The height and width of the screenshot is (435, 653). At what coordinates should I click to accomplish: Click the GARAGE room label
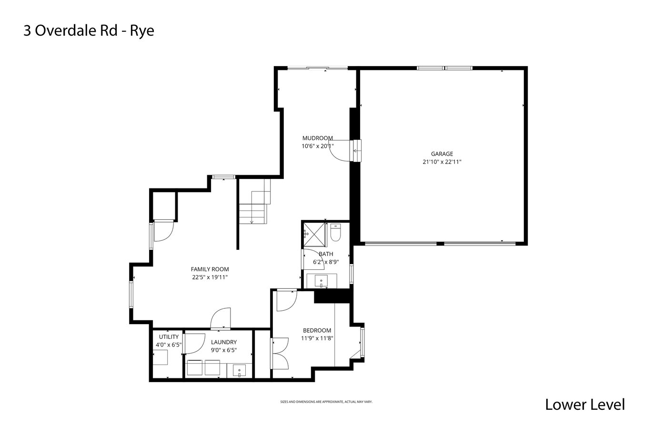(x=442, y=154)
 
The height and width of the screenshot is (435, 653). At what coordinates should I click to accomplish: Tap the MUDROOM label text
(x=318, y=138)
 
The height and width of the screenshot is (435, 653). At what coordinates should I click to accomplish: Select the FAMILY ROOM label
(x=210, y=269)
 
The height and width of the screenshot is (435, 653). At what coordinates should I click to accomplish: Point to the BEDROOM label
(x=317, y=330)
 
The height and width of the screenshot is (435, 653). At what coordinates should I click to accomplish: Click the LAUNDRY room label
(x=224, y=342)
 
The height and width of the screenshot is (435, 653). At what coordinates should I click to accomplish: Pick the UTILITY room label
(x=169, y=337)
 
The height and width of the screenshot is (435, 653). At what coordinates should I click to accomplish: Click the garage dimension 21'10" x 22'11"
(x=442, y=162)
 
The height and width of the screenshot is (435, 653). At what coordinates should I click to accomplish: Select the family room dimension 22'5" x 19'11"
(x=210, y=277)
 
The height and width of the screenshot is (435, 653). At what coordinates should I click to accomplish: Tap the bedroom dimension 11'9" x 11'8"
(x=317, y=338)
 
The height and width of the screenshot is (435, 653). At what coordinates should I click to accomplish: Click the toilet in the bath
(x=335, y=232)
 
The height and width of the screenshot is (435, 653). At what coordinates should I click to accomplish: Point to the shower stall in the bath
(x=314, y=235)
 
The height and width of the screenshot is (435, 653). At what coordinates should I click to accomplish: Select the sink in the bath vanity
(x=321, y=281)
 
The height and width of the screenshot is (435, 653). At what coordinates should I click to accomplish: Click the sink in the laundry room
(x=239, y=370)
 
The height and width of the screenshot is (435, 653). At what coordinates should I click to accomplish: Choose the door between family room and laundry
(x=221, y=318)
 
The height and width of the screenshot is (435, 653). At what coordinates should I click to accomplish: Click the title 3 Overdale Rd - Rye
(x=89, y=30)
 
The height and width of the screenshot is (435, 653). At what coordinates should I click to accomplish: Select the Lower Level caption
(x=585, y=405)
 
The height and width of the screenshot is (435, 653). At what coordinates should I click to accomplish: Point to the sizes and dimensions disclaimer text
(x=326, y=402)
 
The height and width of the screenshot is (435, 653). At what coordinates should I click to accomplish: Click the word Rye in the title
(x=142, y=31)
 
